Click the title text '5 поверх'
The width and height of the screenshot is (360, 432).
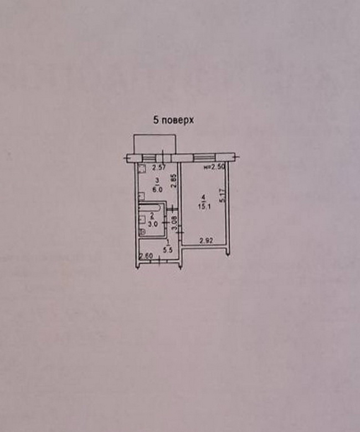coord(173,120)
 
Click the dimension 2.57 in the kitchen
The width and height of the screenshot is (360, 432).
coord(159,168)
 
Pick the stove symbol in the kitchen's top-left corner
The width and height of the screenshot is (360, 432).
coord(142,171)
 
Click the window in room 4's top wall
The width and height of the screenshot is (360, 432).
coord(207,158)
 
